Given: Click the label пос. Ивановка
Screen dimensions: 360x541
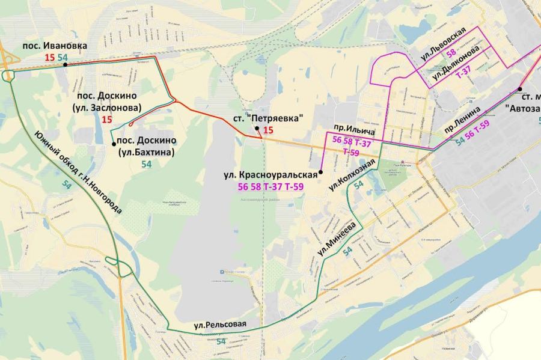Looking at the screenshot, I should (55, 46).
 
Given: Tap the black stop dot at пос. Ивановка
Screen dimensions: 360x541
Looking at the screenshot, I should (64, 66).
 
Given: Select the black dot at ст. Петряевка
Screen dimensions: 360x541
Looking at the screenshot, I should (256, 129).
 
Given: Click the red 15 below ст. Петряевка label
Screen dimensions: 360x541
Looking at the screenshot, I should (268, 130).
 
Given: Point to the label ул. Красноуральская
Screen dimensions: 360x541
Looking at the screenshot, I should (269, 175).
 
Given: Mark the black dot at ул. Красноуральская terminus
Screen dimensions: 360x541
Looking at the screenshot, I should (321, 172).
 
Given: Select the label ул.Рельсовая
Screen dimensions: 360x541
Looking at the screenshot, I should (221, 325).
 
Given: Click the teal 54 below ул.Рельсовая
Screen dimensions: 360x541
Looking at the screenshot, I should (221, 341).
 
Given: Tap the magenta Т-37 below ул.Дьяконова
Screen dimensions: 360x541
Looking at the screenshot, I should (463, 73).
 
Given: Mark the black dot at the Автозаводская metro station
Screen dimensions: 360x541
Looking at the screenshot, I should (519, 90).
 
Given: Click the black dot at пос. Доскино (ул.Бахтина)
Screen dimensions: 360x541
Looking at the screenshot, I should (114, 144).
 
